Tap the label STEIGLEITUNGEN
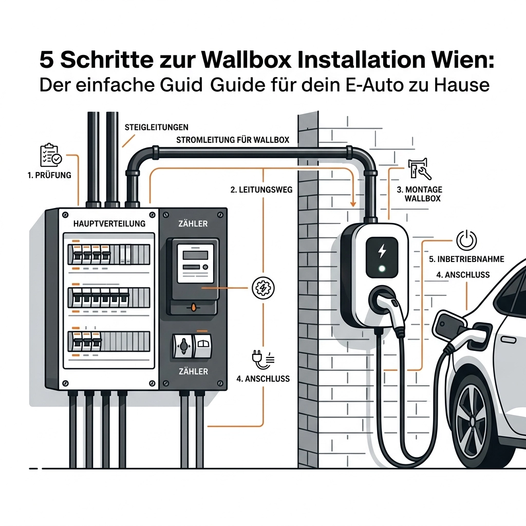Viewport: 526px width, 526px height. (156, 127)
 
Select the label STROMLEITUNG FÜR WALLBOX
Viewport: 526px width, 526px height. (233, 140)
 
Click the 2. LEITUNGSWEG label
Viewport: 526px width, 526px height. (261, 190)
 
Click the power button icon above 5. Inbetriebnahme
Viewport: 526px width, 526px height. (466, 240)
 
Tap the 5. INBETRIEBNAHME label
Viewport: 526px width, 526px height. (466, 259)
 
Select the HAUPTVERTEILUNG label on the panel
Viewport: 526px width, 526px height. (109, 223)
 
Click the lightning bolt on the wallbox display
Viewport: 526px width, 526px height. (382, 251)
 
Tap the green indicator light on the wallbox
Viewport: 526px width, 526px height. (382, 268)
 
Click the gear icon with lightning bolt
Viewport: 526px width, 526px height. (264, 288)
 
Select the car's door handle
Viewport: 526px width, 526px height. (508, 340)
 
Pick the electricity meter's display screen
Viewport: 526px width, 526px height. (195, 255)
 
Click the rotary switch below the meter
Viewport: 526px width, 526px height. (183, 346)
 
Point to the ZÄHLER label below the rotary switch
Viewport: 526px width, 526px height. (193, 371)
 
